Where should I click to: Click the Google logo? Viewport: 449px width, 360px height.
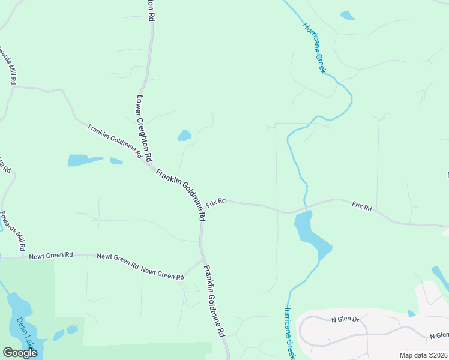20,352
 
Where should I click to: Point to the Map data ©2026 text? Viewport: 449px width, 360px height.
423,355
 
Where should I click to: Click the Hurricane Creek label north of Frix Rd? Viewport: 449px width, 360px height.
314,48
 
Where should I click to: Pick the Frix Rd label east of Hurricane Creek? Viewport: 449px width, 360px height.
362,206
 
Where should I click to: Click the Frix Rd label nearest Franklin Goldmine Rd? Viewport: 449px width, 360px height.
216,202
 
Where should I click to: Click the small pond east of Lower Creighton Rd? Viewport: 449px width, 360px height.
184,136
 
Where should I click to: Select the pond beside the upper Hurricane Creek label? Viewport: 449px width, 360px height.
347,16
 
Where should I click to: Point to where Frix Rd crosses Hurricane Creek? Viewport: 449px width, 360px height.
305,209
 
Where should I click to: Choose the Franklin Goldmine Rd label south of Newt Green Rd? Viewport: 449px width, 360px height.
214,300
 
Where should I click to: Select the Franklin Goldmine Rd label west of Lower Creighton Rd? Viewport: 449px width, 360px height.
115,142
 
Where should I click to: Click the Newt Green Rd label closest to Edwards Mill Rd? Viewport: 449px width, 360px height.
51,255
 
